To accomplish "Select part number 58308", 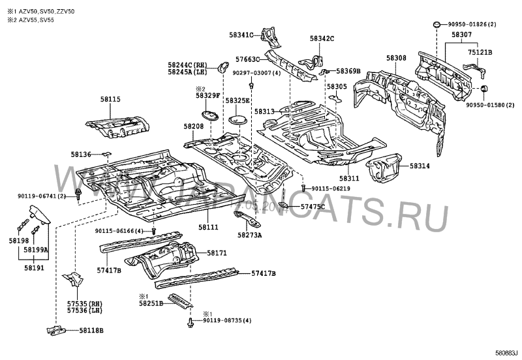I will pyautogui.click(x=395, y=58).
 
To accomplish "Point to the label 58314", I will pyautogui.click(x=420, y=166).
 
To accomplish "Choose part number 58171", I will pyautogui.click(x=217, y=252).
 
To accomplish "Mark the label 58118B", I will pyautogui.click(x=91, y=331).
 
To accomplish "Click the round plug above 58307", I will pyautogui.click(x=434, y=25).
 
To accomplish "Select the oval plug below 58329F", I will pyautogui.click(x=209, y=115).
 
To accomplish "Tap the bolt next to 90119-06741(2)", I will pyautogui.click(x=78, y=192).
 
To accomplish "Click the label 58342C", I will pyautogui.click(x=322, y=38).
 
